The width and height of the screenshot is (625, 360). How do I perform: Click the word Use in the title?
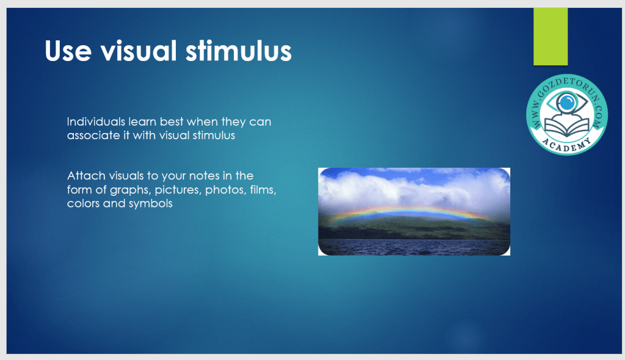click(x=68, y=51)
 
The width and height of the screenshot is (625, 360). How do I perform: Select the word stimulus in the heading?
click(x=239, y=51)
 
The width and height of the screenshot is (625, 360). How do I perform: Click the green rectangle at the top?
click(x=551, y=36)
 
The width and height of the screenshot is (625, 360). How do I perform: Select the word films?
click(x=263, y=189)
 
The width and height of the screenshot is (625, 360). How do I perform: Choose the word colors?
click(x=83, y=203)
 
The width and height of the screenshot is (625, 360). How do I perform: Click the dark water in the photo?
click(x=414, y=247)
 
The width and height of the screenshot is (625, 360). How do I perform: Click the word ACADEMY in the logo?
click(x=567, y=145)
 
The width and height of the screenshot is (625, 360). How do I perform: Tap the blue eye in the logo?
click(x=567, y=103)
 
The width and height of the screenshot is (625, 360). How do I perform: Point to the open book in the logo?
click(x=567, y=127)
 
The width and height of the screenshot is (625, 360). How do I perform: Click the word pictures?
click(x=178, y=190)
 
